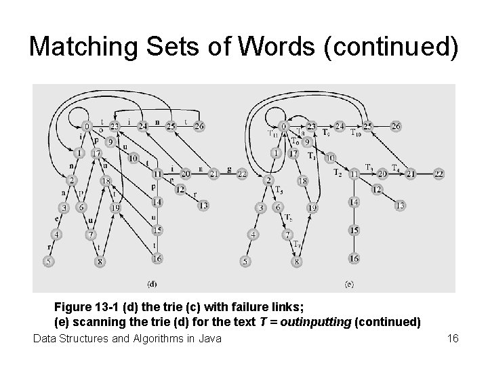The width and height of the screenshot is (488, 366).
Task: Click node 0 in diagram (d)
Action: [x=87, y=126]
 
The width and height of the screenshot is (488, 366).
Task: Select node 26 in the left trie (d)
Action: [x=199, y=126]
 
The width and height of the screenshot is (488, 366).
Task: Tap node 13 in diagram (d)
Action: [x=203, y=205]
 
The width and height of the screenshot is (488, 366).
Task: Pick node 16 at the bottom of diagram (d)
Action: [x=157, y=258]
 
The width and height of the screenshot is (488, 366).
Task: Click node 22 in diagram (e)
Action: [x=439, y=174]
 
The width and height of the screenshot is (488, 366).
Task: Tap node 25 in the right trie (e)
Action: [x=368, y=126]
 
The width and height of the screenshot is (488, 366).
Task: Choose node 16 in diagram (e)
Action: [x=353, y=258]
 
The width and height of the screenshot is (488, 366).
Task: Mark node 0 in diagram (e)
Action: [x=283, y=126]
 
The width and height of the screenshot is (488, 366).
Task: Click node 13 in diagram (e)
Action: [x=400, y=205]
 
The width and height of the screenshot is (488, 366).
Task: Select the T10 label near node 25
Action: [x=356, y=134]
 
